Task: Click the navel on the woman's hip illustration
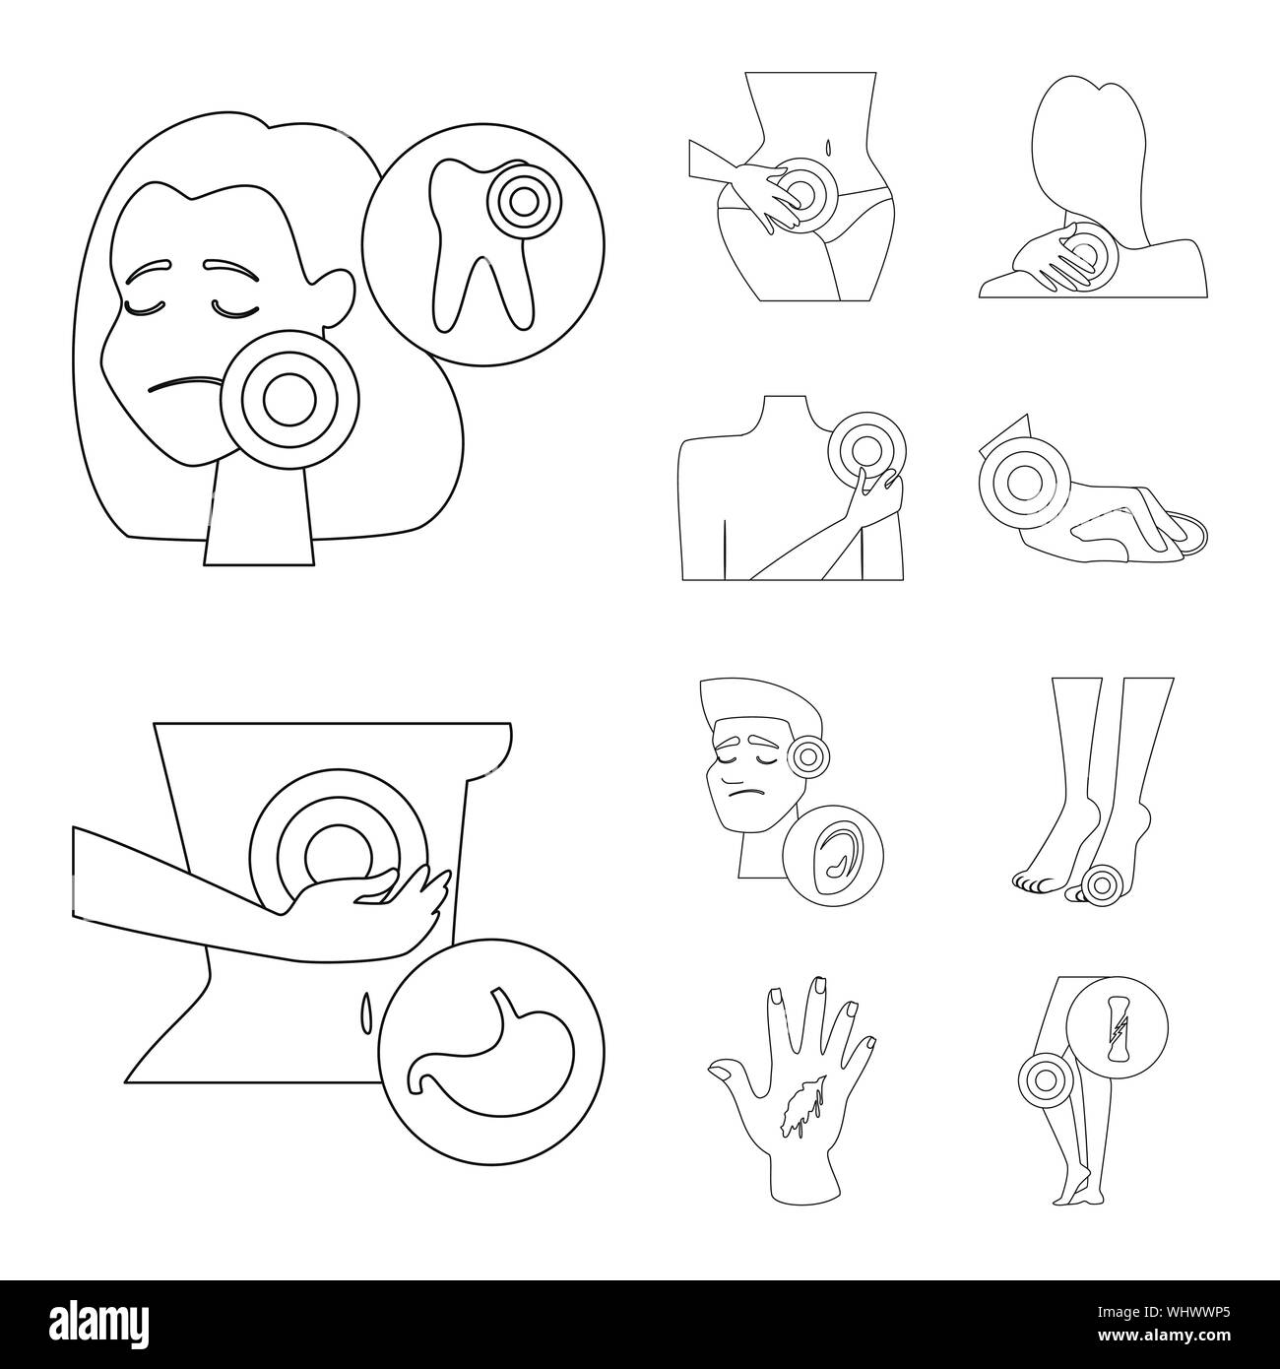829,148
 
